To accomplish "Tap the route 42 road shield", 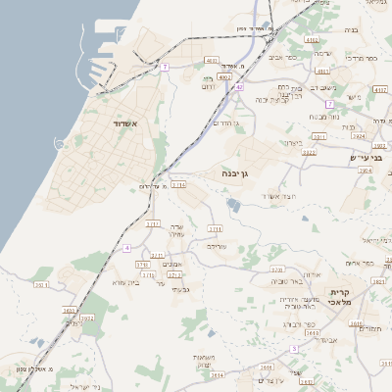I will (x=239, y=86).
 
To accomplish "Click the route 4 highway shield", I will (x=127, y=248).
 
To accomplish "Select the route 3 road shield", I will (x=293, y=348).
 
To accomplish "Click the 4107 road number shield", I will (x=312, y=39).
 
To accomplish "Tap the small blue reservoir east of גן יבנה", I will (x=232, y=204).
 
